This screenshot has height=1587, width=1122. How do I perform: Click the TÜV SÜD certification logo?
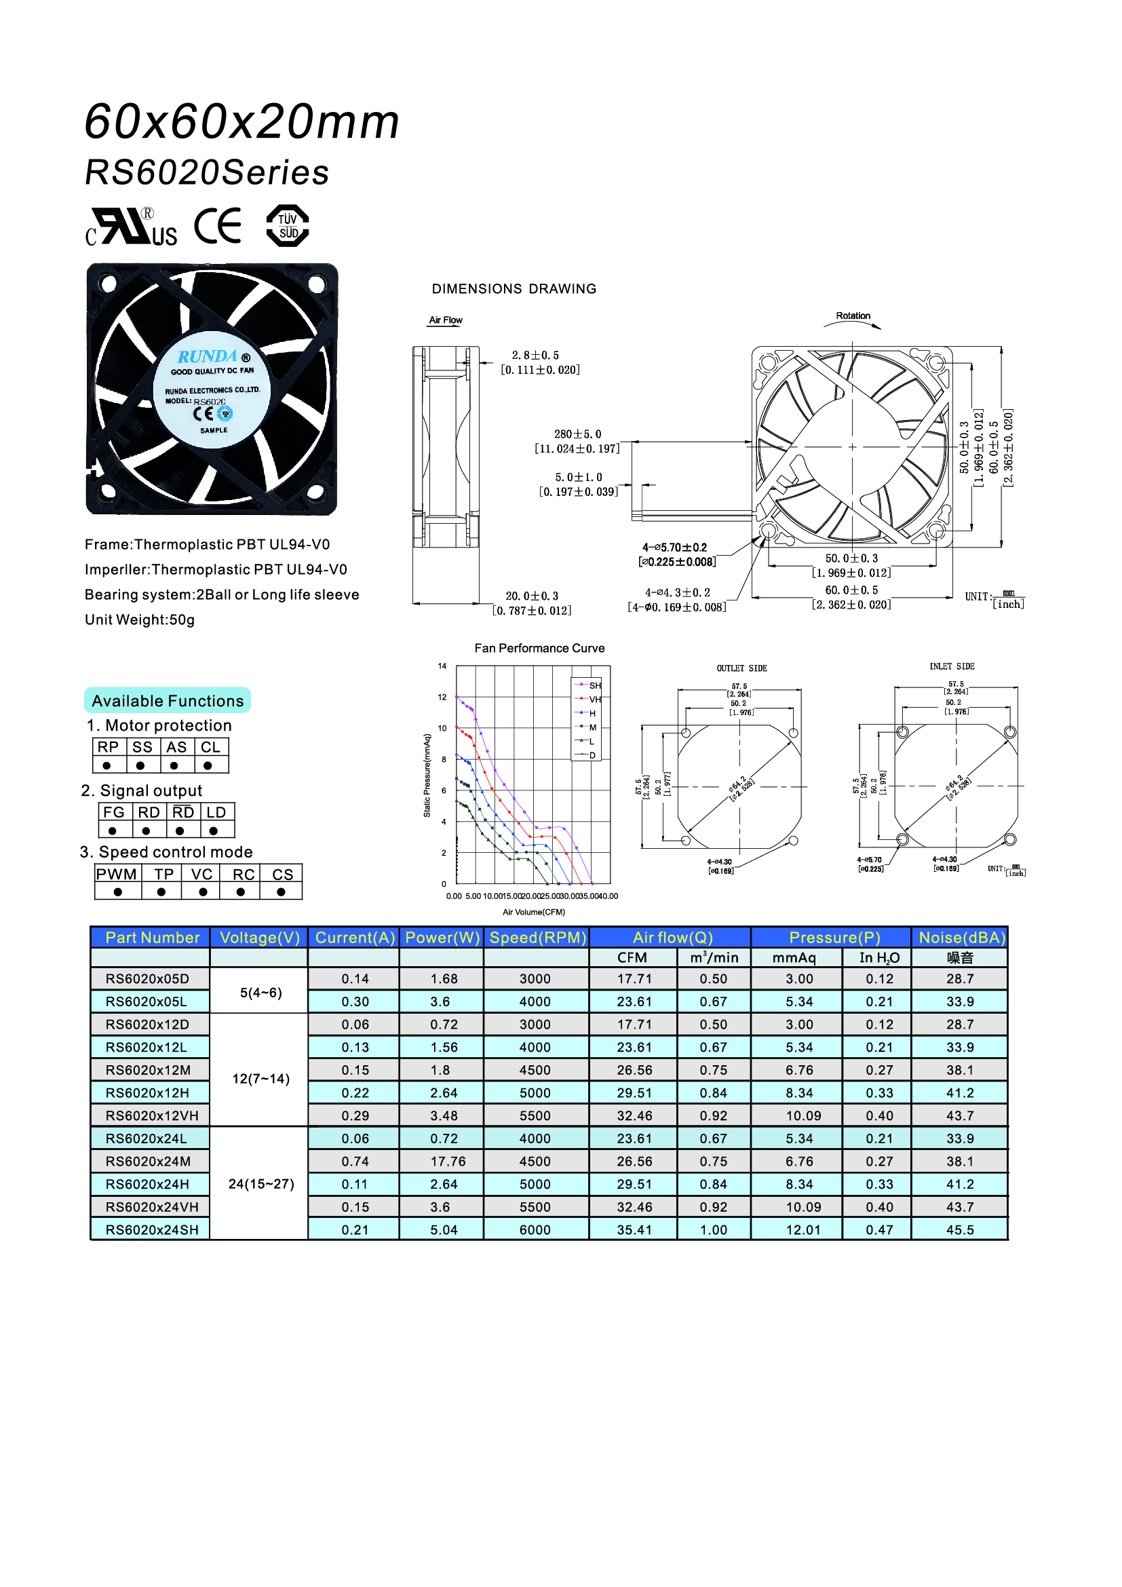(288, 225)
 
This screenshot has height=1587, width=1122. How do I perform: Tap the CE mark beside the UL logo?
(218, 225)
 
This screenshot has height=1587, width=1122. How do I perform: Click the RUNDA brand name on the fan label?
(208, 357)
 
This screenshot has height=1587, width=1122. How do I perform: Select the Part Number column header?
(152, 937)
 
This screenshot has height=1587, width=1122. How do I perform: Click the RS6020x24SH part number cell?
(152, 1229)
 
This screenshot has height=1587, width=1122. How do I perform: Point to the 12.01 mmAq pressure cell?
(802, 1229)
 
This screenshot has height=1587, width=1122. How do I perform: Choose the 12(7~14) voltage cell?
(260, 1079)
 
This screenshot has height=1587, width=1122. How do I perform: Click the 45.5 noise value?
(960, 1229)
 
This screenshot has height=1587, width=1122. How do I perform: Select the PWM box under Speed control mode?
(117, 875)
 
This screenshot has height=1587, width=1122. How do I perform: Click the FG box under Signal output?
(113, 812)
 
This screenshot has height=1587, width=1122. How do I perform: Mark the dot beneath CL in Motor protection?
(208, 766)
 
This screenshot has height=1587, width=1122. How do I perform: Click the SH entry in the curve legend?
(594, 685)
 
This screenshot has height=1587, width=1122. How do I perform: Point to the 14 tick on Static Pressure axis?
(442, 666)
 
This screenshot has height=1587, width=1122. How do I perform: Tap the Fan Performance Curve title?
(539, 649)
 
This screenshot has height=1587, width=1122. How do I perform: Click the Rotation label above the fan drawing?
(853, 316)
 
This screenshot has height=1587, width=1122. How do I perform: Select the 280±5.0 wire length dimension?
(577, 434)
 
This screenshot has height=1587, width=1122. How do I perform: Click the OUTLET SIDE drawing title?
(741, 668)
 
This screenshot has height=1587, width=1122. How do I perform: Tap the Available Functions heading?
(167, 701)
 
